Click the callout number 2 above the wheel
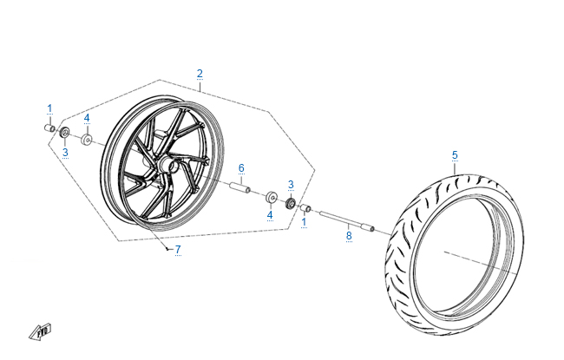(x=200, y=73)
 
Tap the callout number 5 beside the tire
(x=454, y=155)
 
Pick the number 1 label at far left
(x=49, y=108)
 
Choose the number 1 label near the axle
(x=304, y=222)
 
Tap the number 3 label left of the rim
(x=64, y=153)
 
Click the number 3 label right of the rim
(x=291, y=185)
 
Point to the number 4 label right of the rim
(x=270, y=215)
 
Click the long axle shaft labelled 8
(x=346, y=219)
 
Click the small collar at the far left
(x=49, y=128)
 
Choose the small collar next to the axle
(x=305, y=208)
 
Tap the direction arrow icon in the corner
(x=41, y=331)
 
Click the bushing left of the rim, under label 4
(x=87, y=139)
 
